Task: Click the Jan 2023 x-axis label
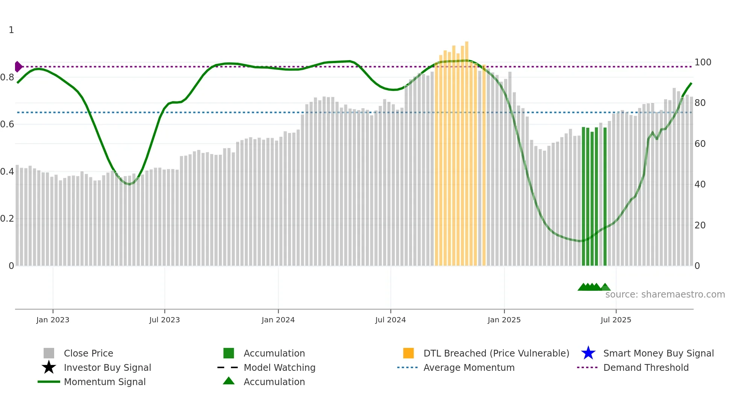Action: point(53,320)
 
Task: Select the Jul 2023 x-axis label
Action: point(164,320)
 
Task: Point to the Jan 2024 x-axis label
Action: point(278,320)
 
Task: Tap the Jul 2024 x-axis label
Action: point(390,320)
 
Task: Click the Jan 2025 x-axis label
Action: point(504,320)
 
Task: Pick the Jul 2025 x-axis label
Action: point(616,320)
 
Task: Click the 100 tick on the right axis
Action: point(702,62)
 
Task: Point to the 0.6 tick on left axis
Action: point(7,124)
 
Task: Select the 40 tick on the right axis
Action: point(700,184)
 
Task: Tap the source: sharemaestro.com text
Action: point(665,295)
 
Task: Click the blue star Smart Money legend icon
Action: point(588,353)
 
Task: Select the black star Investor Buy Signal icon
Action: point(49,367)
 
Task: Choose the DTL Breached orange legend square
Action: point(408,353)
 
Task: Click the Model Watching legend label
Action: point(279,367)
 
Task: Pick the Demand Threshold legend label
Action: point(646,367)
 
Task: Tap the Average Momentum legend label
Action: point(469,367)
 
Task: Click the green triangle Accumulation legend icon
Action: point(229,381)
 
